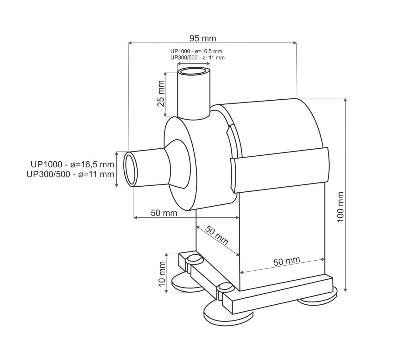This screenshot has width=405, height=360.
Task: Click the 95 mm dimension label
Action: pos(203,38)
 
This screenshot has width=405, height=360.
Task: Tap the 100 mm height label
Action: pos(340,207)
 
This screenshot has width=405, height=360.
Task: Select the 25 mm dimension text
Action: pos(161,94)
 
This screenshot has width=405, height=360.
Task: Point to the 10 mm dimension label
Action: pos(162,274)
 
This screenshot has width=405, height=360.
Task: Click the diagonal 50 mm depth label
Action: pos(216,235)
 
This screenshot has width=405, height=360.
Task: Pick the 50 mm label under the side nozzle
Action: pos(164,213)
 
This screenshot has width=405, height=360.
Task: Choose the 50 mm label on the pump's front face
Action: pos(287,261)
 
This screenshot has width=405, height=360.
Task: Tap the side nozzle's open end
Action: pos(131,169)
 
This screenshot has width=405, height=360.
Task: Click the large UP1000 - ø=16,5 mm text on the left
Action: pos(72,164)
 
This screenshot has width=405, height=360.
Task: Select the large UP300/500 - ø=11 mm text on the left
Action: pos(70,174)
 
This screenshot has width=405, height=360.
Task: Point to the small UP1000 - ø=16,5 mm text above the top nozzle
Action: pos(196,51)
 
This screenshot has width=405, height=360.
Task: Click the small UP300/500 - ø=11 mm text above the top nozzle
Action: pos(197,58)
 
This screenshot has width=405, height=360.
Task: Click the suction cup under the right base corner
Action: pos(318,299)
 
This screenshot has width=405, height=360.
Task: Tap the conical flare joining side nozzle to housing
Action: pos(177,164)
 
